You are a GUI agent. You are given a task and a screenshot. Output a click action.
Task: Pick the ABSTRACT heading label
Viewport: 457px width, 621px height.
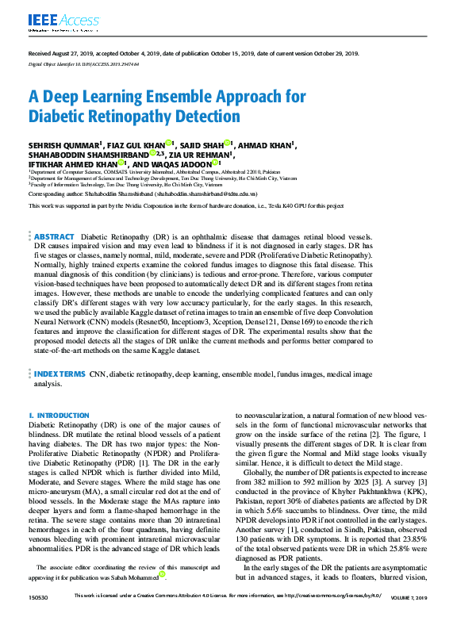coord(55,237)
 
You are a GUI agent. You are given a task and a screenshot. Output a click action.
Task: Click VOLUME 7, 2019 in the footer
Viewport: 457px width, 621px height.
coord(409,616)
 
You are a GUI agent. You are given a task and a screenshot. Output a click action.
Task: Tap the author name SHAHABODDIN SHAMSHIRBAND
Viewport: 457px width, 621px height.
coord(88,154)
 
